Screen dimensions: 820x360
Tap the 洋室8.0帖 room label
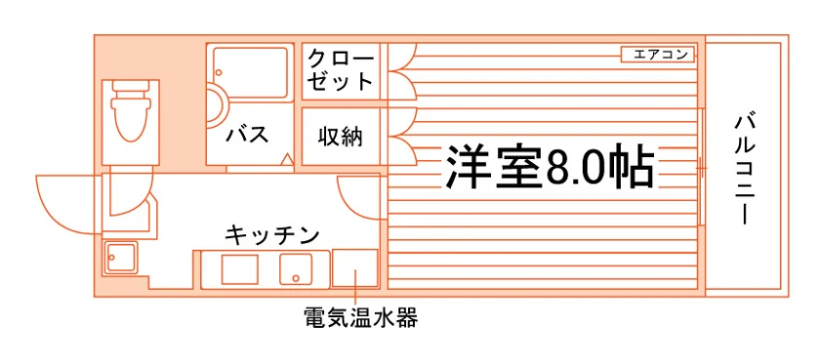(x=550, y=167)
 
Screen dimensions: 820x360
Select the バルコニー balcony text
(x=743, y=170)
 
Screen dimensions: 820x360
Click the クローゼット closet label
(x=340, y=70)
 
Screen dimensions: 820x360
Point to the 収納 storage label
(x=340, y=137)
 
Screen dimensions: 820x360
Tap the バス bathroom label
(x=247, y=135)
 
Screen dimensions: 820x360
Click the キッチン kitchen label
(x=272, y=235)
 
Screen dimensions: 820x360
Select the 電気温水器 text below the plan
(x=361, y=317)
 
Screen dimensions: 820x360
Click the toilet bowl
(x=129, y=112)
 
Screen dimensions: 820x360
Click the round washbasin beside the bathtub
(x=217, y=105)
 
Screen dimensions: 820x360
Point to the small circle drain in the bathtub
(x=220, y=72)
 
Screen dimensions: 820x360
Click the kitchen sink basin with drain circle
(x=296, y=268)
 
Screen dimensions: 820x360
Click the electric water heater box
(x=354, y=268)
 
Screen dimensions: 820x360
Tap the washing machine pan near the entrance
(x=120, y=257)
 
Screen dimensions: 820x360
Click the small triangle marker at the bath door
(x=286, y=160)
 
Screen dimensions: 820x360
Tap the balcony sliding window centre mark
(x=701, y=168)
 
